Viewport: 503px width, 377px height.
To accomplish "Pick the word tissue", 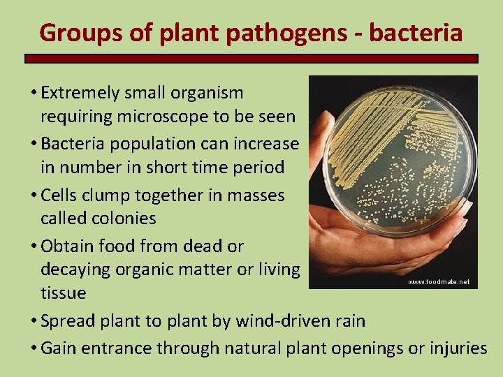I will pyautogui.click(x=64, y=293).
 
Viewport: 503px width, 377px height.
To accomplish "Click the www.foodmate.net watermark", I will pyautogui.click(x=439, y=282).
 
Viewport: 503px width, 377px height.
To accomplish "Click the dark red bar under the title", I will pyautogui.click(x=251, y=59).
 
